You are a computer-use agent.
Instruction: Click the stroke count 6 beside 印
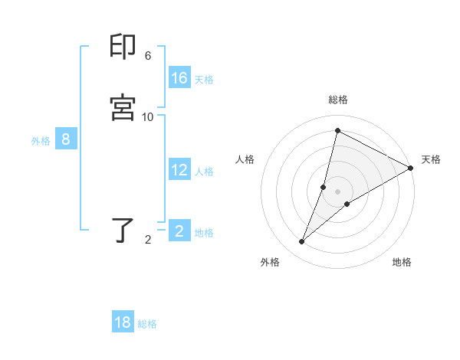148,56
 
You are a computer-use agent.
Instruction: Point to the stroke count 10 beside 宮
148,116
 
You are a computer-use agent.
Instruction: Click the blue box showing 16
179,78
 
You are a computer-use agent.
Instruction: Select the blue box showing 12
179,170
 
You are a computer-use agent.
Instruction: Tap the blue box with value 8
66,139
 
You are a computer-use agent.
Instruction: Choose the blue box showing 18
123,322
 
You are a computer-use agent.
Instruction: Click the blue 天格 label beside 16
204,80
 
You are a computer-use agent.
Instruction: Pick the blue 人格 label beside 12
204,172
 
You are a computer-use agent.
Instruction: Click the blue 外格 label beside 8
41,141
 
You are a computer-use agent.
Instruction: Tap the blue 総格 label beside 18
147,324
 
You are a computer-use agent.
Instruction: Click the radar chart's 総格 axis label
338,100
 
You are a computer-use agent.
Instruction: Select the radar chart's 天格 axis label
431,159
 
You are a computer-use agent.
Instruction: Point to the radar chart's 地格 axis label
402,262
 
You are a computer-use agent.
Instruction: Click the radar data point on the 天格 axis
411,168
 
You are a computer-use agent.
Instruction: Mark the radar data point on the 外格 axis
301,242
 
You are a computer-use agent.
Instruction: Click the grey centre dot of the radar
338,191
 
